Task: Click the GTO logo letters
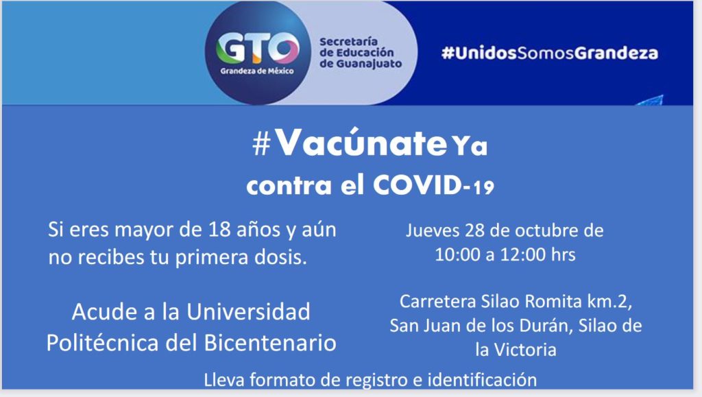[258, 47]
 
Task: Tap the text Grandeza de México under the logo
[257, 71]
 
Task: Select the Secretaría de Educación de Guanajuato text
[361, 53]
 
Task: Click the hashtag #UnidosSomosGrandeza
[550, 53]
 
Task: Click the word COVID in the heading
[417, 184]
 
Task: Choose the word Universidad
[248, 311]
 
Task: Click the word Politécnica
[103, 343]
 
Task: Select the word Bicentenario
[270, 343]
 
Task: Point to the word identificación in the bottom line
[482, 380]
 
